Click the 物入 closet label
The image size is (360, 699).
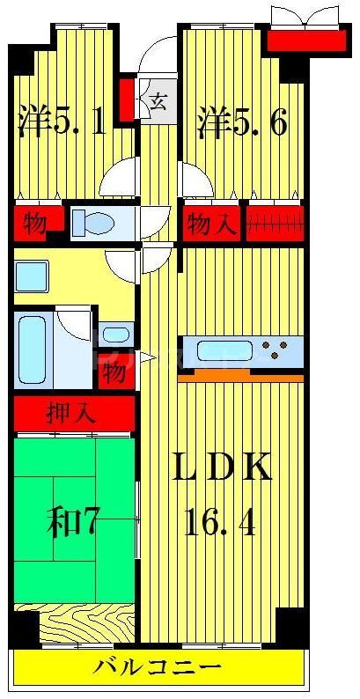pos(211,225)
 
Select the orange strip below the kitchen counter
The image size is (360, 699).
pos(241,376)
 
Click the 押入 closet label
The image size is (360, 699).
pos(72,412)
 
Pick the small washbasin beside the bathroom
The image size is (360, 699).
pos(114,335)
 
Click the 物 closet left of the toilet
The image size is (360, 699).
pos(34,224)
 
